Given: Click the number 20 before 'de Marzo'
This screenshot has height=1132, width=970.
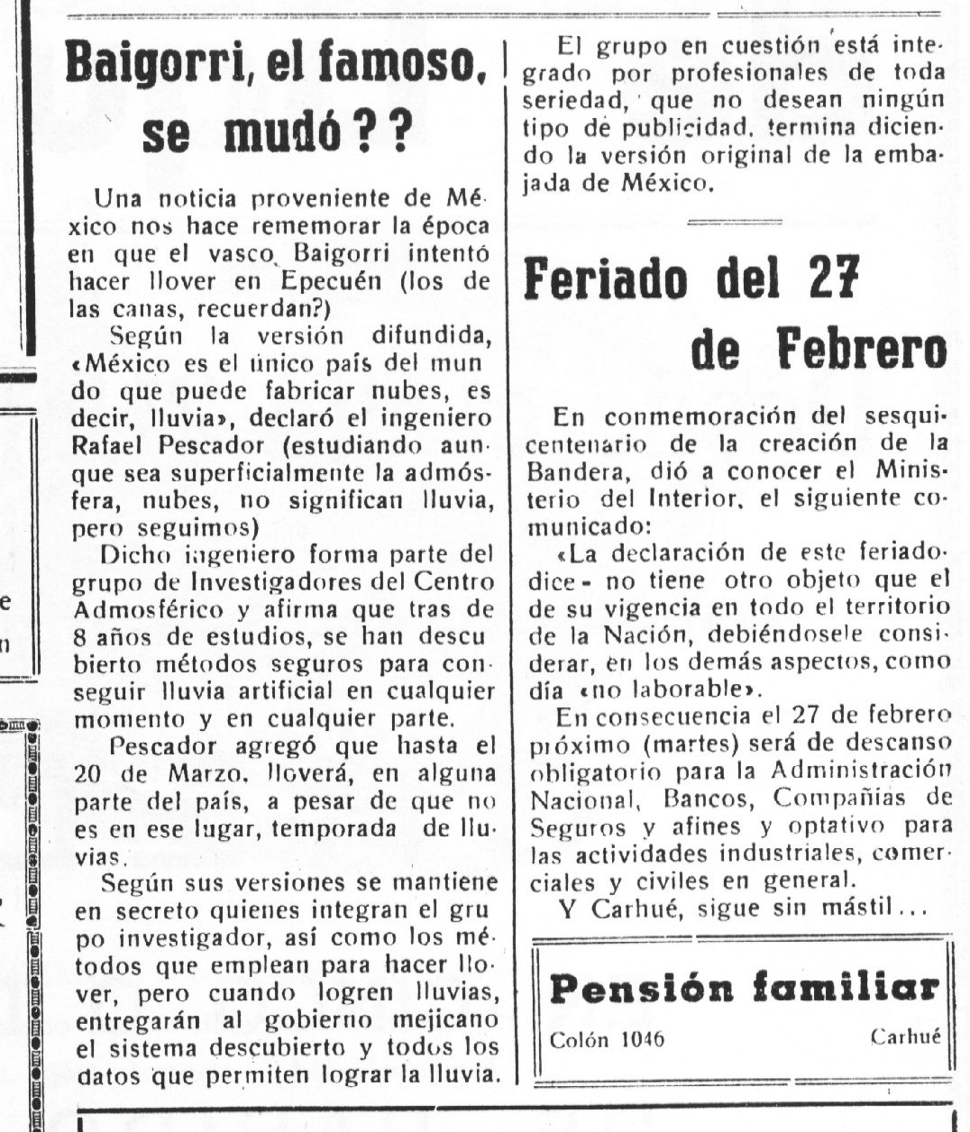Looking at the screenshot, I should (x=91, y=773).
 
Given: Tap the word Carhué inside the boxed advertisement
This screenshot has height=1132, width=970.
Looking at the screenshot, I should (x=905, y=1036).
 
